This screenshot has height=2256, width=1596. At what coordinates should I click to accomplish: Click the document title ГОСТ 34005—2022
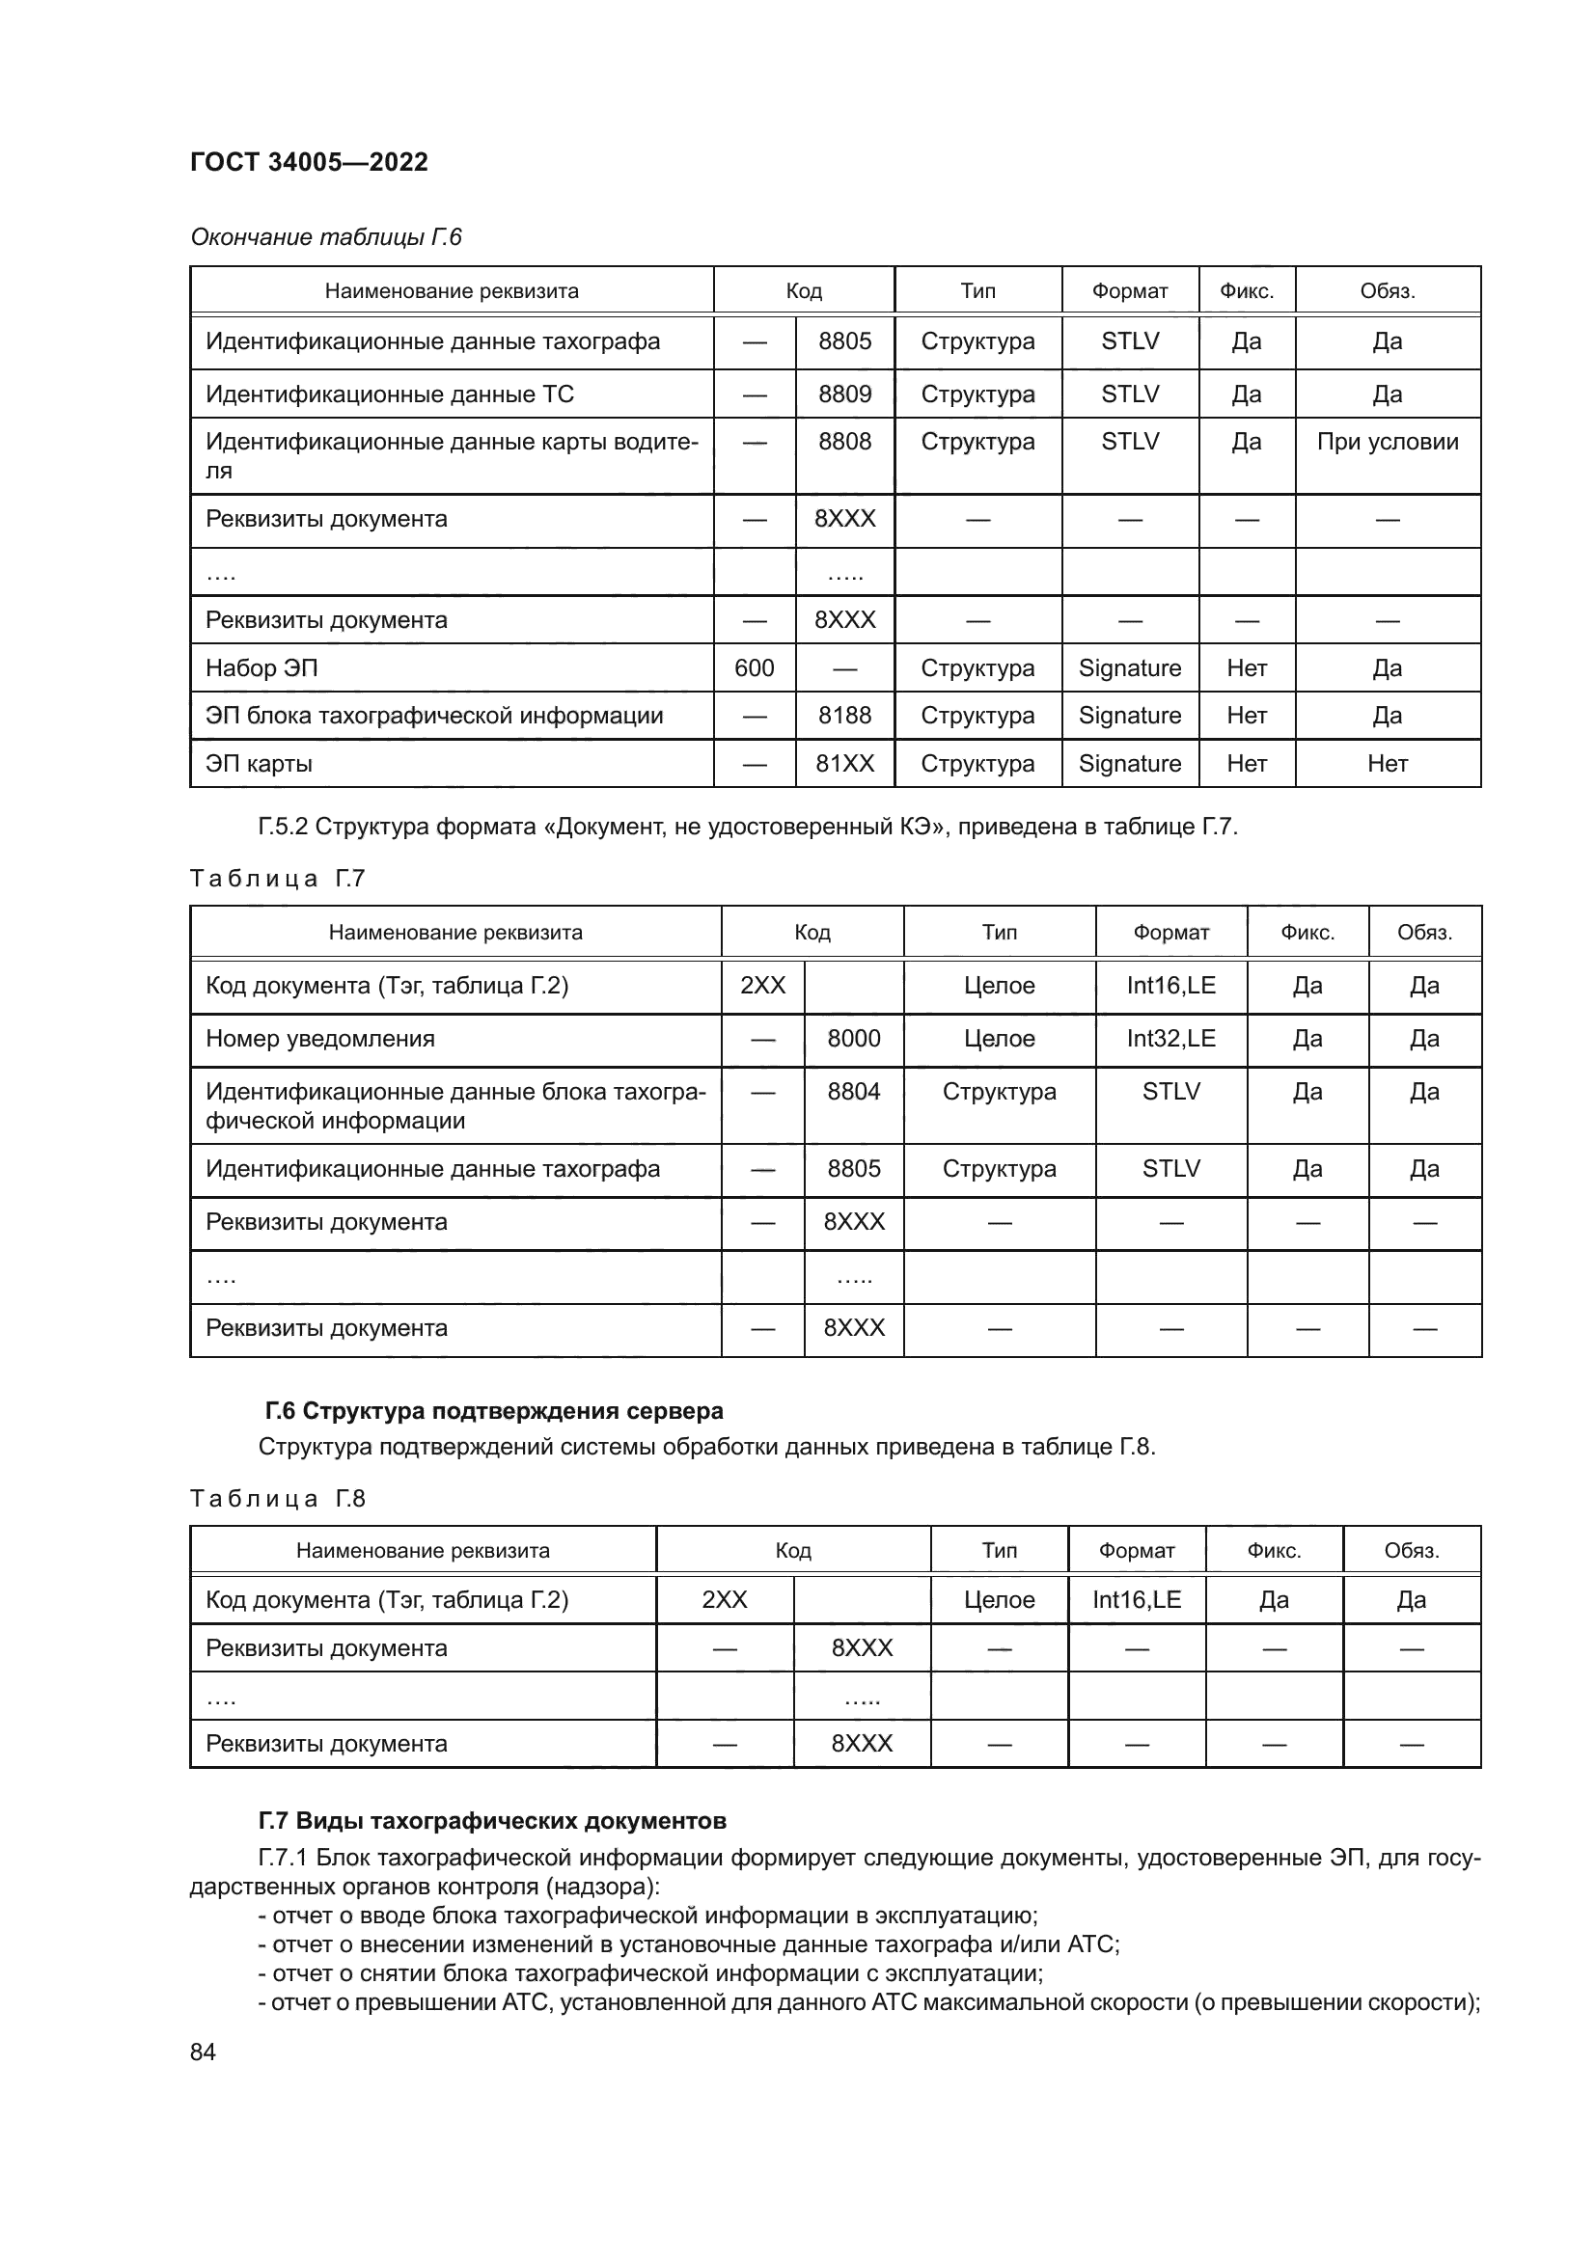[309, 162]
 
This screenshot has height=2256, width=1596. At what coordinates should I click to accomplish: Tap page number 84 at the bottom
[203, 2052]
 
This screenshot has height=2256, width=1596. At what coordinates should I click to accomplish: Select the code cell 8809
[844, 394]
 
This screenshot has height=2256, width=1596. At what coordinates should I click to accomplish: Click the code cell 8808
[844, 441]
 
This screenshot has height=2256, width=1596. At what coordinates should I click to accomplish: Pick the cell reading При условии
[1387, 441]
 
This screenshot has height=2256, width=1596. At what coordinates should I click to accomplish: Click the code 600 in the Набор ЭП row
[754, 668]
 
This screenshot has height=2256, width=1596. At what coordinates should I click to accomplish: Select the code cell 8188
[844, 716]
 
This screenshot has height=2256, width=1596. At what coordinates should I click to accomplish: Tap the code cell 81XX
[844, 764]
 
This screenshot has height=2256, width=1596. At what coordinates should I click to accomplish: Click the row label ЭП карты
[259, 764]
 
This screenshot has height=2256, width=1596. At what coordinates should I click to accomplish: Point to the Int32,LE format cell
[1170, 1039]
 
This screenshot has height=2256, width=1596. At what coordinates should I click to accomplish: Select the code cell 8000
[853, 1039]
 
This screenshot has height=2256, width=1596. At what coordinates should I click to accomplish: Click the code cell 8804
[853, 1092]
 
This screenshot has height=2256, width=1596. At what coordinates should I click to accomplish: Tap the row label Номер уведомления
[319, 1039]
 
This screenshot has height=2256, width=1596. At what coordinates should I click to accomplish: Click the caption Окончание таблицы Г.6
[325, 237]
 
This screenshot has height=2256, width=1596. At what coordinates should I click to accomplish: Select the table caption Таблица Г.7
[277, 879]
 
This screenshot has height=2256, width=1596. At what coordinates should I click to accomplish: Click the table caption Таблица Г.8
[277, 1499]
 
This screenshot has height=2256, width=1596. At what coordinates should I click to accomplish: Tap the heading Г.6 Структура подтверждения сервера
[493, 1411]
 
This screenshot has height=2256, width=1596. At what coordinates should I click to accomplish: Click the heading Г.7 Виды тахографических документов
[492, 1821]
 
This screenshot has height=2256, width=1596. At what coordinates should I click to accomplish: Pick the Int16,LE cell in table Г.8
[1136, 1599]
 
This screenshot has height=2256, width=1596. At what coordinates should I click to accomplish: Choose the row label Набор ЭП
[261, 668]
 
